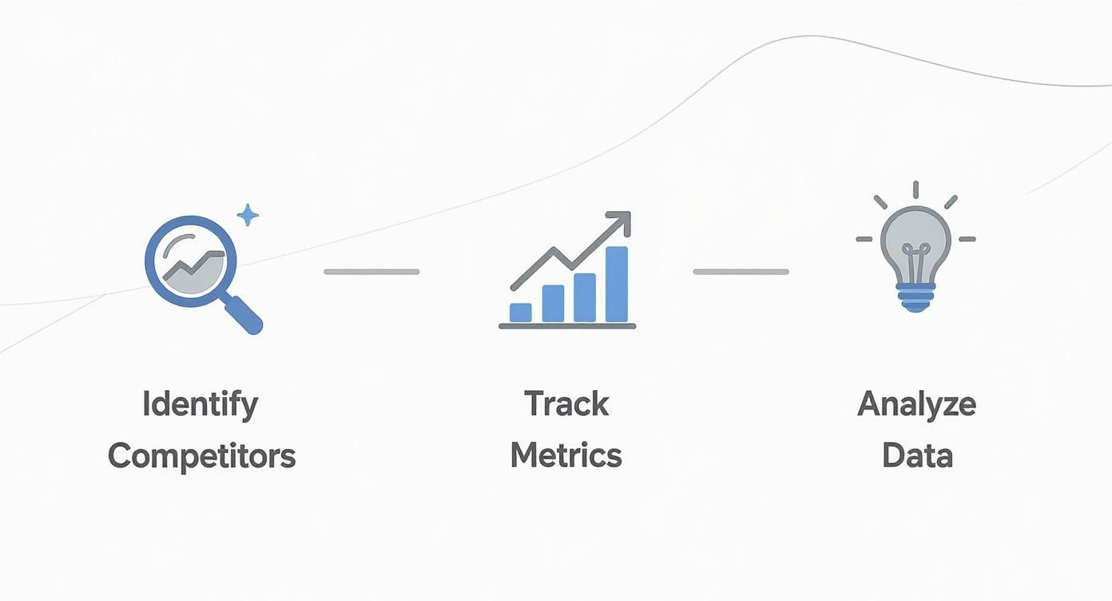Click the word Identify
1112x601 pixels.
[x=201, y=404]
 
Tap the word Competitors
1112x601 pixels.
[x=201, y=456]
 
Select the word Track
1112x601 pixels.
[x=566, y=404]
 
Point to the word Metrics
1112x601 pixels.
[x=566, y=456]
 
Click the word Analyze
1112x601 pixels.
[x=916, y=404]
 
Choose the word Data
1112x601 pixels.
[x=917, y=456]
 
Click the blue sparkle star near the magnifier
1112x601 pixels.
[x=248, y=214]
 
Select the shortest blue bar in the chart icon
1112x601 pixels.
[x=520, y=312]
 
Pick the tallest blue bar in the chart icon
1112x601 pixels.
[x=616, y=284]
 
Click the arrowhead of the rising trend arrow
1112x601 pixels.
[x=621, y=220]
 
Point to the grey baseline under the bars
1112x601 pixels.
[x=567, y=326]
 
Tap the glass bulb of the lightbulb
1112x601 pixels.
[x=915, y=236]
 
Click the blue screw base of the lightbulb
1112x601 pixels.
[x=915, y=297]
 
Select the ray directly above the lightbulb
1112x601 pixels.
[x=915, y=189]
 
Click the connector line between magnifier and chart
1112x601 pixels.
[x=371, y=272]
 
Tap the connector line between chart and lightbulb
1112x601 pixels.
[x=741, y=272]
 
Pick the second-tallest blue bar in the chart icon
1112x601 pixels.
[x=585, y=297]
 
